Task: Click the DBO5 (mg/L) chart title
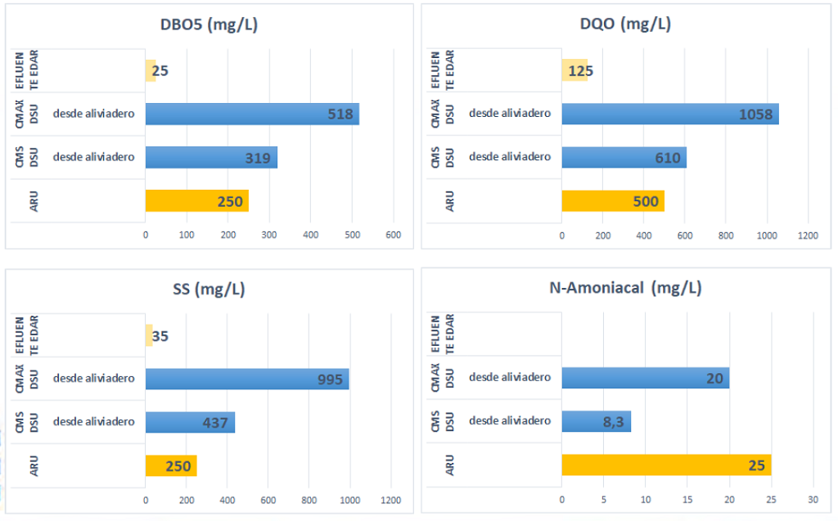coord(209,25)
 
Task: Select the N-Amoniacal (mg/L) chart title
coord(625,288)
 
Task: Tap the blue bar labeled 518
coord(252,114)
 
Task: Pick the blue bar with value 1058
coord(669,114)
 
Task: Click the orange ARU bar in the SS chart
coord(171,465)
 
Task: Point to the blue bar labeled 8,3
coord(596,421)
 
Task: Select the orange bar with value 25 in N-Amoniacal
coord(666,465)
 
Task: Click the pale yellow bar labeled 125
coord(574,70)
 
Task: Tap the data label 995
coord(330,379)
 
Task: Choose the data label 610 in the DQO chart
coord(668,158)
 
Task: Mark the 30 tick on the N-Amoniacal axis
coord(813,500)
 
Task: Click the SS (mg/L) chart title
coord(209,288)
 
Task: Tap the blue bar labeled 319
coord(211,157)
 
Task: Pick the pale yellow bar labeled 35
coord(149,335)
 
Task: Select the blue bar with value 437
coord(190,422)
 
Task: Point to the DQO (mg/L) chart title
coord(625,25)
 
